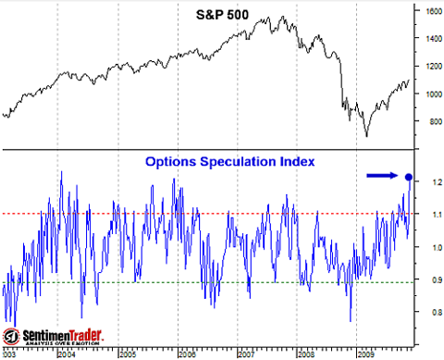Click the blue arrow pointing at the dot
tap(382, 174)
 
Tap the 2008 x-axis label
tap(305, 354)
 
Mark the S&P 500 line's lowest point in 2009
tap(365, 136)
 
